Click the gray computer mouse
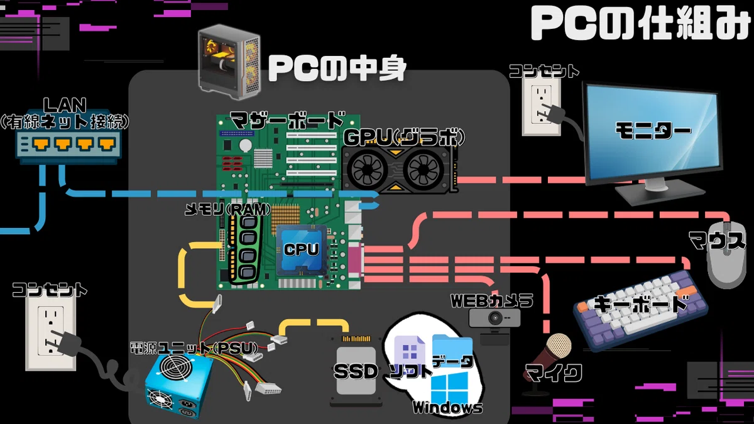(x=727, y=255)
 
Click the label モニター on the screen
(x=653, y=131)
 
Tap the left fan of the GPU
(x=366, y=169)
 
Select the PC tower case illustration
(x=229, y=62)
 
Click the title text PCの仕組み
(x=640, y=24)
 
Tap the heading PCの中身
(x=337, y=68)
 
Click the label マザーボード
(x=288, y=121)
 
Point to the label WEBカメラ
(x=492, y=301)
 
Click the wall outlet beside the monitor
(x=541, y=107)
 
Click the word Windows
(x=447, y=408)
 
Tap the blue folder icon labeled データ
(x=452, y=350)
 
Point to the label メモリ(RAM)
(x=228, y=210)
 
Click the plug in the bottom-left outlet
(x=65, y=343)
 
